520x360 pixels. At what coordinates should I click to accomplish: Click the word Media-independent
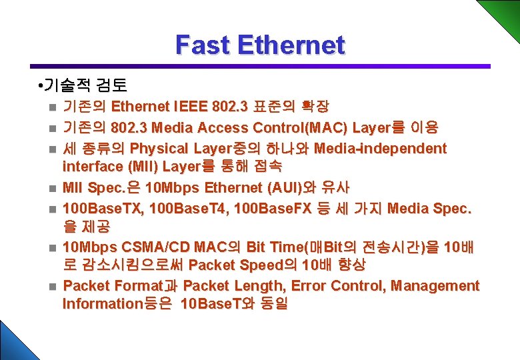click(x=380, y=147)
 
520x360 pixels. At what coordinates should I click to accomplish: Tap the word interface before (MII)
click(x=91, y=165)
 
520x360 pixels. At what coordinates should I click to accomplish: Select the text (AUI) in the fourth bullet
click(x=264, y=187)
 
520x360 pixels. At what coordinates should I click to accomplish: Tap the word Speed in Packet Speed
click(x=264, y=265)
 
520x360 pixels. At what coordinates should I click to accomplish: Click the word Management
click(x=435, y=286)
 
